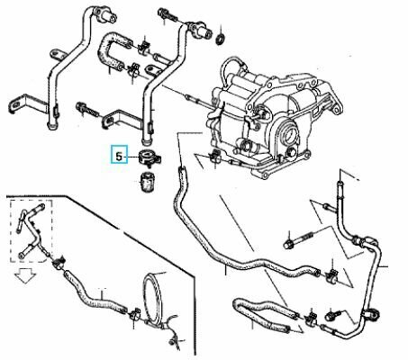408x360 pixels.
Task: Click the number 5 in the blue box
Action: tap(119, 157)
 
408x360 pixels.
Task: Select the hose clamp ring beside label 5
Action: tap(150, 157)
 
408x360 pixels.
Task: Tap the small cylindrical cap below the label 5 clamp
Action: tap(147, 182)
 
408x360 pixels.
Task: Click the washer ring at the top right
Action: tap(221, 39)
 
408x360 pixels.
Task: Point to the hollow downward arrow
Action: tap(25, 275)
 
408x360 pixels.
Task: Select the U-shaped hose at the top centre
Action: tap(113, 51)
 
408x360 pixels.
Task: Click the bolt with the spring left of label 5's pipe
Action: tap(88, 110)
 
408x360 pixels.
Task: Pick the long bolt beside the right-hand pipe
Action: tap(298, 240)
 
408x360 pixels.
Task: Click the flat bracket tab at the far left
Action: tap(24, 103)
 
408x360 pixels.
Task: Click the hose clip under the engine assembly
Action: tap(215, 155)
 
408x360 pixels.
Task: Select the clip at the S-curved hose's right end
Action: tap(332, 274)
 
